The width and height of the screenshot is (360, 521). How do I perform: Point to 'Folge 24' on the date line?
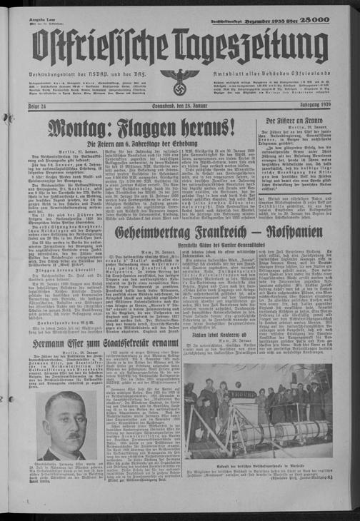[41, 108]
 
